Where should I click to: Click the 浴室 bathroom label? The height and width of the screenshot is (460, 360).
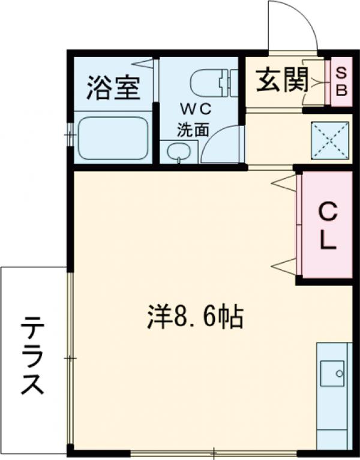coord(113,88)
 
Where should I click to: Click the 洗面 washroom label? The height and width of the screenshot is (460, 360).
coord(193,128)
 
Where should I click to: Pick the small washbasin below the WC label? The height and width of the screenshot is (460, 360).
coord(178,152)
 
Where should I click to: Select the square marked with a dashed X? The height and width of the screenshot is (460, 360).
coord(329,140)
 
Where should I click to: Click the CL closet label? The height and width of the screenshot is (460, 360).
coord(327,225)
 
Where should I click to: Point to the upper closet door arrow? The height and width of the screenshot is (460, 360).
coord(284,182)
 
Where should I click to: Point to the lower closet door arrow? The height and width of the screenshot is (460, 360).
coord(284,264)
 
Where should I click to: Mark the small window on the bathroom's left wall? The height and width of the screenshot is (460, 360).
coord(70,134)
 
